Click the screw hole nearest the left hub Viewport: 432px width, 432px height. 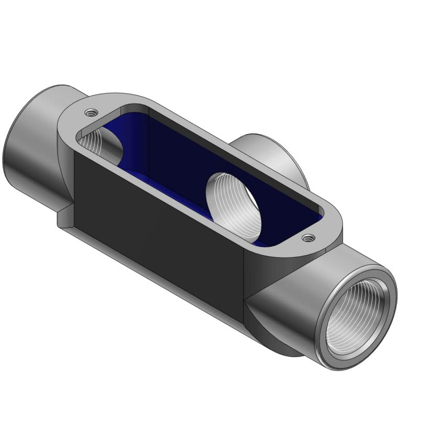click(91, 111)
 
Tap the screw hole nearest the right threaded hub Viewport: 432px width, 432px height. click(307, 238)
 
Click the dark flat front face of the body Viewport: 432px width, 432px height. click(157, 225)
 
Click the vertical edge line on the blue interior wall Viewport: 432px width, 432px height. click(150, 141)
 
